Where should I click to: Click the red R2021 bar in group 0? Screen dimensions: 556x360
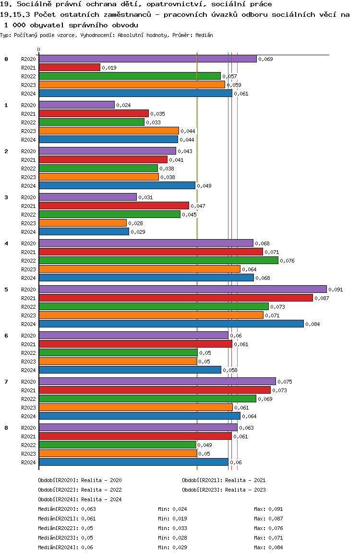[x=69, y=68]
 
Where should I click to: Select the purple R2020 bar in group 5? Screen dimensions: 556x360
[x=182, y=289]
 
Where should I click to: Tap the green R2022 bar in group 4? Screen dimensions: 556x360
[x=158, y=260]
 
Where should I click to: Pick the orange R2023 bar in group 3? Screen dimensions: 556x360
[x=83, y=223]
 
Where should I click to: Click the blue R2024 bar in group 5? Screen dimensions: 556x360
[x=171, y=324]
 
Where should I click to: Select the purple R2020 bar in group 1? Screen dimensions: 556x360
[x=76, y=105]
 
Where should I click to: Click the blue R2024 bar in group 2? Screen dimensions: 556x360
[x=117, y=185]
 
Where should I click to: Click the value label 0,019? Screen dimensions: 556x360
[x=109, y=68]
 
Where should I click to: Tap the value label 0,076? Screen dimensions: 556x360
[x=287, y=261]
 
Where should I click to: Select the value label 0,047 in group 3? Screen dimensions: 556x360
[x=198, y=206]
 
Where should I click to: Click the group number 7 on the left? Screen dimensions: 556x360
[x=6, y=381]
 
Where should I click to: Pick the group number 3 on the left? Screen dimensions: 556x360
[x=6, y=197]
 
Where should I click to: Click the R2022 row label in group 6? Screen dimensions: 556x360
[x=29, y=353]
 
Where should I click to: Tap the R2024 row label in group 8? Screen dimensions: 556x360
[x=29, y=462]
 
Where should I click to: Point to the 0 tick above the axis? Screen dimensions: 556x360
[x=39, y=49]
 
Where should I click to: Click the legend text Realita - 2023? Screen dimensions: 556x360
[x=245, y=490]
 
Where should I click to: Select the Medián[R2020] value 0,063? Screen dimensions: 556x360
[x=88, y=509]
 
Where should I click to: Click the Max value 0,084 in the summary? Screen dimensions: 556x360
[x=276, y=547]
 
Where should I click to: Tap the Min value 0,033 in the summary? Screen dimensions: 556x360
[x=180, y=528]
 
